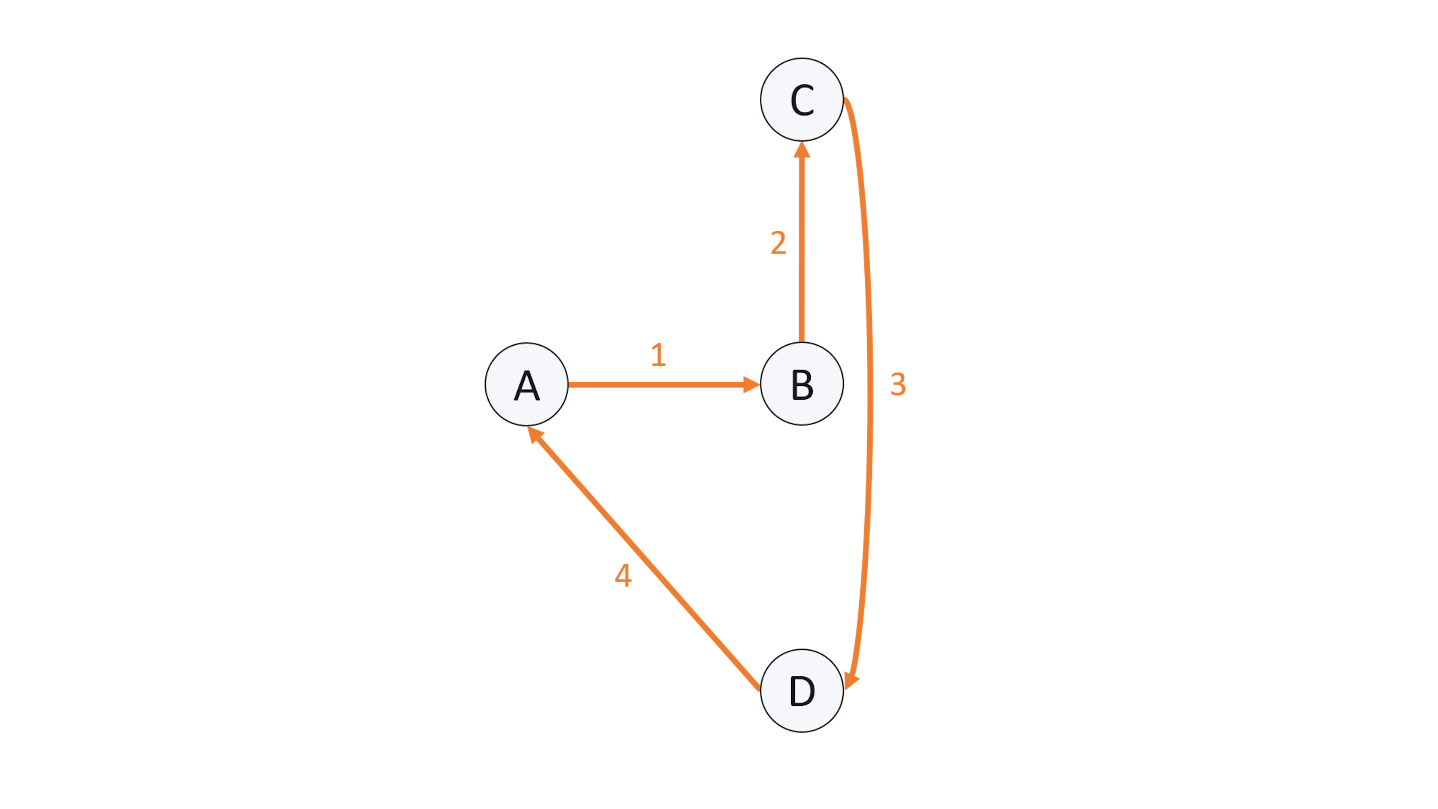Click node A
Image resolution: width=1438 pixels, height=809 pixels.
(x=527, y=384)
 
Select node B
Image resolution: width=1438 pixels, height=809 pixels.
(x=802, y=384)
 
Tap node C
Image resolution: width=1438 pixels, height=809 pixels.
(x=802, y=99)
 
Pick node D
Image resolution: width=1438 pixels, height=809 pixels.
(x=802, y=691)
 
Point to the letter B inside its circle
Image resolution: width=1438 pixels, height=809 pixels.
(x=802, y=385)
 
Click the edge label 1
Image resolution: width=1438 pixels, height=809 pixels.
(x=659, y=355)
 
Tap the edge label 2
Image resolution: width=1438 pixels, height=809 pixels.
(x=778, y=243)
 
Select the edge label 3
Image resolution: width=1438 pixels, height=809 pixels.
(x=898, y=385)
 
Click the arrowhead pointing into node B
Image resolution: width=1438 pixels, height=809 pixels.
(x=751, y=384)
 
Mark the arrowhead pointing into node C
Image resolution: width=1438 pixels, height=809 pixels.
(x=802, y=150)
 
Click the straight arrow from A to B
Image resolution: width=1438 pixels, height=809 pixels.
(x=653, y=384)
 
